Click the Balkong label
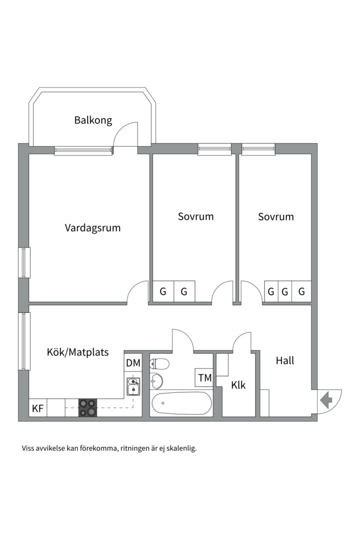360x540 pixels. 93,120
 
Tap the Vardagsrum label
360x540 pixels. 92,228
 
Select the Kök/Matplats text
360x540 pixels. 77,352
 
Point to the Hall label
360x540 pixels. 285,360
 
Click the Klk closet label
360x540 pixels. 238,384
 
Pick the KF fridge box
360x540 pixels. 38,408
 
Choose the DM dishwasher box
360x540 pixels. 133,363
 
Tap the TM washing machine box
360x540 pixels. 204,378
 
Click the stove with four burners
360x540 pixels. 88,408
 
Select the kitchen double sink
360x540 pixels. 133,386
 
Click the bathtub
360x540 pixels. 181,403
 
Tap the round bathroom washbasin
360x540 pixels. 156,380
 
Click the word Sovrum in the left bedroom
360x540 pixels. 195,216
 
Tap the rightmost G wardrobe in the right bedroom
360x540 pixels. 301,291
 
